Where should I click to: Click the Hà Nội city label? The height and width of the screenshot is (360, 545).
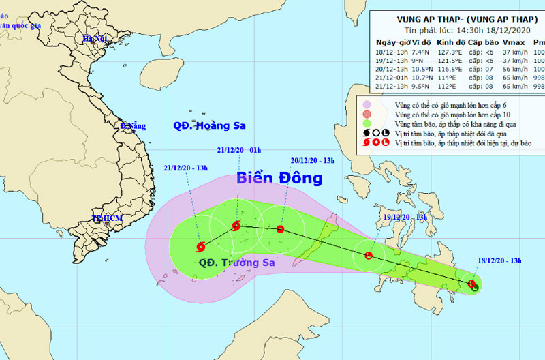point(95,39)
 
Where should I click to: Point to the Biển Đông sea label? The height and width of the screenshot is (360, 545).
point(279,179)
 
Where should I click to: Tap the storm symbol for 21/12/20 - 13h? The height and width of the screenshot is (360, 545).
point(201,247)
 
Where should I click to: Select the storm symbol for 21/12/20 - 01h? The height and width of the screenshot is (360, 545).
point(236,226)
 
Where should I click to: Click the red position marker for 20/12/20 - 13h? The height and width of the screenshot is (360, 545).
point(280,229)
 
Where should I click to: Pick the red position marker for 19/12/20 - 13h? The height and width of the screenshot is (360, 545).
point(369,256)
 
